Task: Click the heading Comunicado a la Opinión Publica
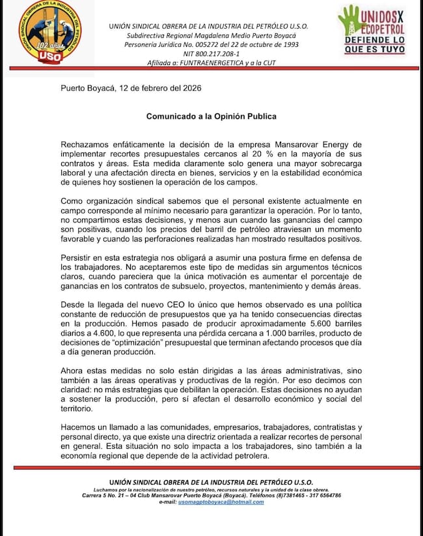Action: (211, 117)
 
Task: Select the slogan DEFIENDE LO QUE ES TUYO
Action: (374, 45)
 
